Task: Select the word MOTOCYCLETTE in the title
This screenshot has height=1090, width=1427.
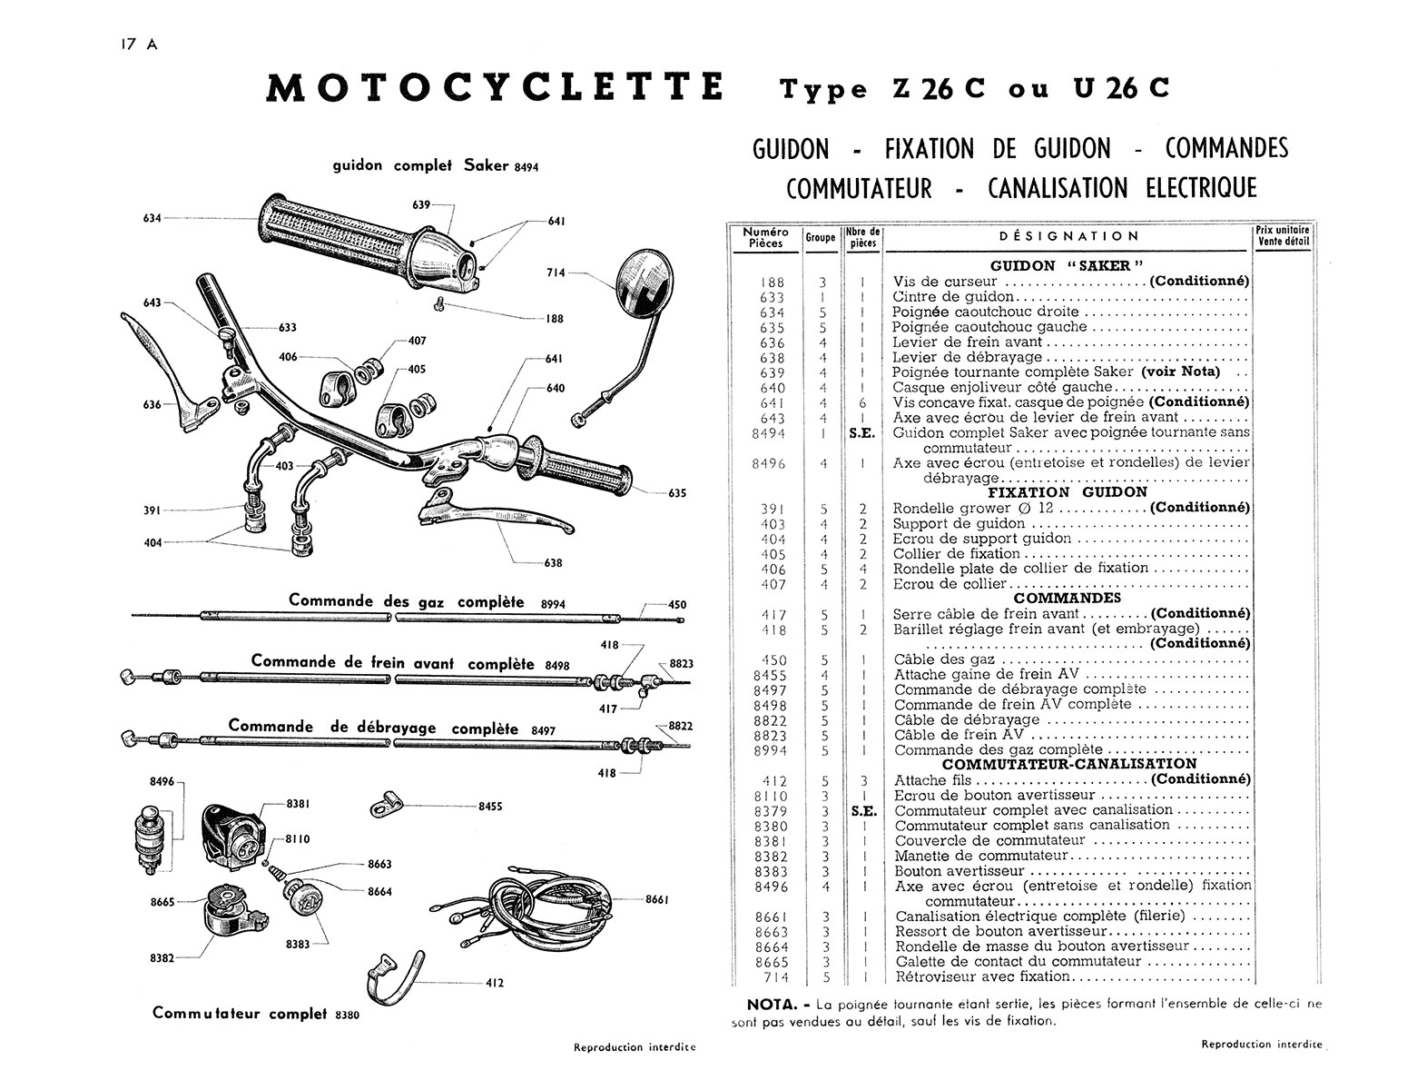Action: (495, 88)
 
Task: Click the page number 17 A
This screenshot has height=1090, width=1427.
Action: (138, 45)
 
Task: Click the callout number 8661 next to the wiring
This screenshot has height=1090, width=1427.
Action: (657, 899)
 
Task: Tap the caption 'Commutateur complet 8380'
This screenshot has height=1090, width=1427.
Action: (255, 1014)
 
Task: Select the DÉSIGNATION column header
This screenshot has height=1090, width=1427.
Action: (1068, 236)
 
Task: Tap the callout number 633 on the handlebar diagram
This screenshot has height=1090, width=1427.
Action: (287, 327)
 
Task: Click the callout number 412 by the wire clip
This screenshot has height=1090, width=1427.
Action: (495, 982)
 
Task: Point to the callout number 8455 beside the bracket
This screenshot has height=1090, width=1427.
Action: (490, 806)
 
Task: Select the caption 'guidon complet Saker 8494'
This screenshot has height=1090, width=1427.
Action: (436, 166)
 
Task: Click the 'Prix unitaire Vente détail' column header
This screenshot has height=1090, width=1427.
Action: (1283, 236)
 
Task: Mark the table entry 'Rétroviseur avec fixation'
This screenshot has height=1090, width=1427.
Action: (982, 976)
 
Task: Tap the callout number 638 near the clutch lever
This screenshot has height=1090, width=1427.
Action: (553, 562)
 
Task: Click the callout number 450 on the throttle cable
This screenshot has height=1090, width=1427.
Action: (677, 604)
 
